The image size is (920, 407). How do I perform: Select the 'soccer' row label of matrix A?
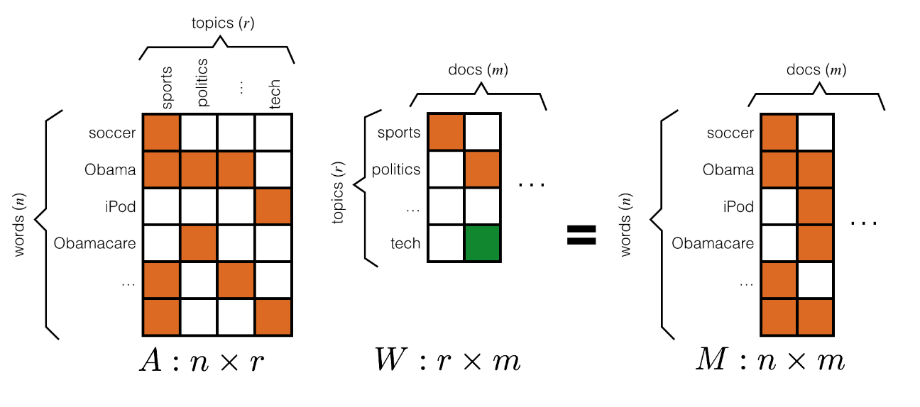[x=113, y=133]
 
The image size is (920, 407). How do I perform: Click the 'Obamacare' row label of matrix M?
[x=713, y=243]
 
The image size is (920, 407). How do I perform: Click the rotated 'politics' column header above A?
[x=202, y=82]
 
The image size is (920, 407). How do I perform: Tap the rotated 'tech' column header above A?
[x=275, y=92]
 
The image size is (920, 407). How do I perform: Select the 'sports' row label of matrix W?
[x=399, y=133]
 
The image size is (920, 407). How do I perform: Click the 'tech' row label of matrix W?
[x=405, y=243]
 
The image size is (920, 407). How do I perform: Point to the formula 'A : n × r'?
[x=204, y=361]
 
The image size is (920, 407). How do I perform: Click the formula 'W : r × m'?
[x=447, y=361]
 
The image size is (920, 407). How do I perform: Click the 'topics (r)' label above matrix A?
[x=223, y=23]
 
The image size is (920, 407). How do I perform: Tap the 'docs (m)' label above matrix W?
[x=478, y=70]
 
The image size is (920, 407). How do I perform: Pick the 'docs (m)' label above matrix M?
[x=816, y=70]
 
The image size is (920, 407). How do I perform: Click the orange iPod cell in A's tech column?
[x=273, y=206]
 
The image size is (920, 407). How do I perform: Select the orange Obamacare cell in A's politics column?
[x=199, y=243]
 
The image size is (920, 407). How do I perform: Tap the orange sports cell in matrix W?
[x=446, y=133]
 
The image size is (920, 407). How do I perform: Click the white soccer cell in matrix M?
[x=816, y=133]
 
